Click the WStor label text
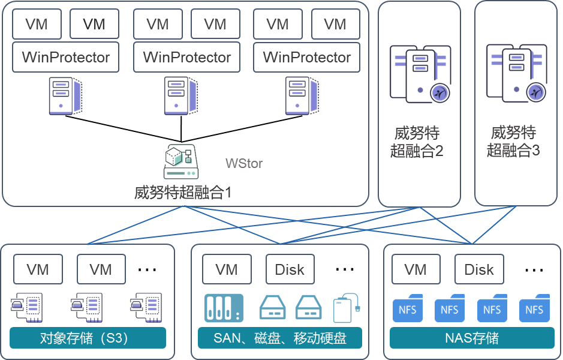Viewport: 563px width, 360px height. point(244,163)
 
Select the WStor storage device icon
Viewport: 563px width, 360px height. point(181,161)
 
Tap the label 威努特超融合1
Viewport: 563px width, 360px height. point(183,193)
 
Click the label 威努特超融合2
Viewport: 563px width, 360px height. point(417,142)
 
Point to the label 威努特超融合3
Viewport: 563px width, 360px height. point(513,141)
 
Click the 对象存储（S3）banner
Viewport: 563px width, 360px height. point(88,338)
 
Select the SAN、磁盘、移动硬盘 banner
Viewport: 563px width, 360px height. point(280,338)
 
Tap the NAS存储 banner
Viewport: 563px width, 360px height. point(472,338)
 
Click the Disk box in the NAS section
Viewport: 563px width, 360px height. point(479,269)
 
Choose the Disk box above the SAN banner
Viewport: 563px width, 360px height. point(290,269)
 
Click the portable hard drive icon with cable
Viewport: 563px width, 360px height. point(347,308)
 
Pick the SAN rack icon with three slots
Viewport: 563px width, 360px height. point(224,308)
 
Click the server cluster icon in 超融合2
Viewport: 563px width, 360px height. point(420,74)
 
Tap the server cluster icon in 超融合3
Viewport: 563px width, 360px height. point(517,73)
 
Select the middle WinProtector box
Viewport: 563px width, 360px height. point(186,57)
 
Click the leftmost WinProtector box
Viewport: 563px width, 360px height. point(66,57)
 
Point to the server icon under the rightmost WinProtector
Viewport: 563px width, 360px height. point(302,96)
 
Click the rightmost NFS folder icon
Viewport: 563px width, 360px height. point(534,308)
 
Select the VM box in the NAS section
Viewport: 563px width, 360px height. point(416,269)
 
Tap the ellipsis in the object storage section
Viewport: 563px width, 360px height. point(147,269)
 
